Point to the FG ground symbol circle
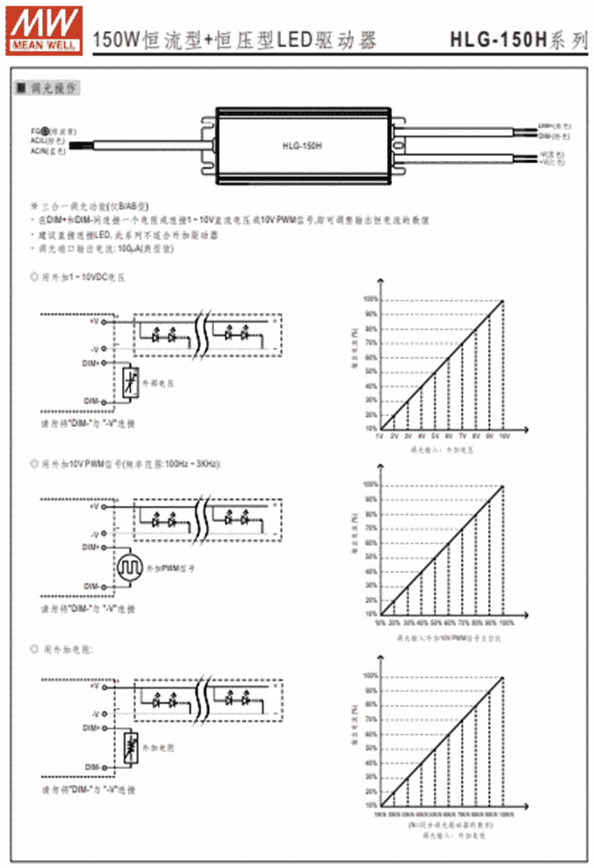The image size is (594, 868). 46,130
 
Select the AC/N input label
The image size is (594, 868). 38,149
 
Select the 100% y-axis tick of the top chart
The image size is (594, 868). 369,299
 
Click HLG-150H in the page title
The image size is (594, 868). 498,38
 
